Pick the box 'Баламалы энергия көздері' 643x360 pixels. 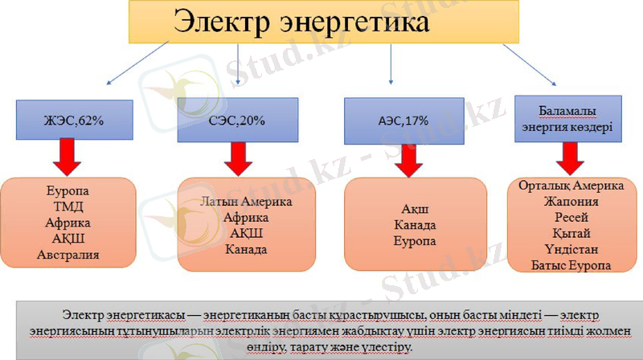click(567, 120)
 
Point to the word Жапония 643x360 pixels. click(571, 202)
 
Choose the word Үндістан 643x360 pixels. click(571, 249)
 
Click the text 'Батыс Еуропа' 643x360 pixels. click(571, 265)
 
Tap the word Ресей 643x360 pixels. click(571, 218)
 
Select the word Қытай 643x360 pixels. click(571, 233)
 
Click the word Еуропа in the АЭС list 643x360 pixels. click(415, 241)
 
